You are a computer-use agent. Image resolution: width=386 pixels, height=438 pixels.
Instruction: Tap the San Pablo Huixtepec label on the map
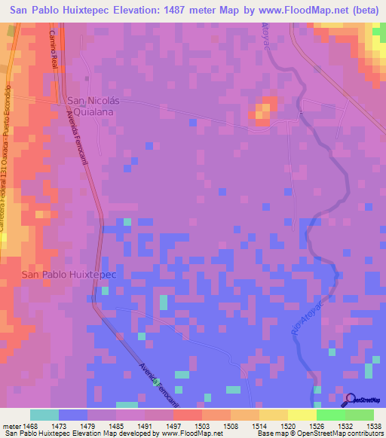point(68,275)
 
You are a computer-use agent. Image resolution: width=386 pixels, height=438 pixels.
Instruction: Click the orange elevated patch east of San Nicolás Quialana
point(262,111)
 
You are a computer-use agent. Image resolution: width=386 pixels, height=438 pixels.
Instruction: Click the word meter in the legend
point(11,425)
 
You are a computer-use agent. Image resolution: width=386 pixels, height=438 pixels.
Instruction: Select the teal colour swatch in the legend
point(44,415)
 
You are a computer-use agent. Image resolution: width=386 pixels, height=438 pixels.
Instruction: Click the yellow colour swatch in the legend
point(274,415)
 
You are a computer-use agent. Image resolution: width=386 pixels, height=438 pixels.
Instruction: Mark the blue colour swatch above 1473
point(73,415)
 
